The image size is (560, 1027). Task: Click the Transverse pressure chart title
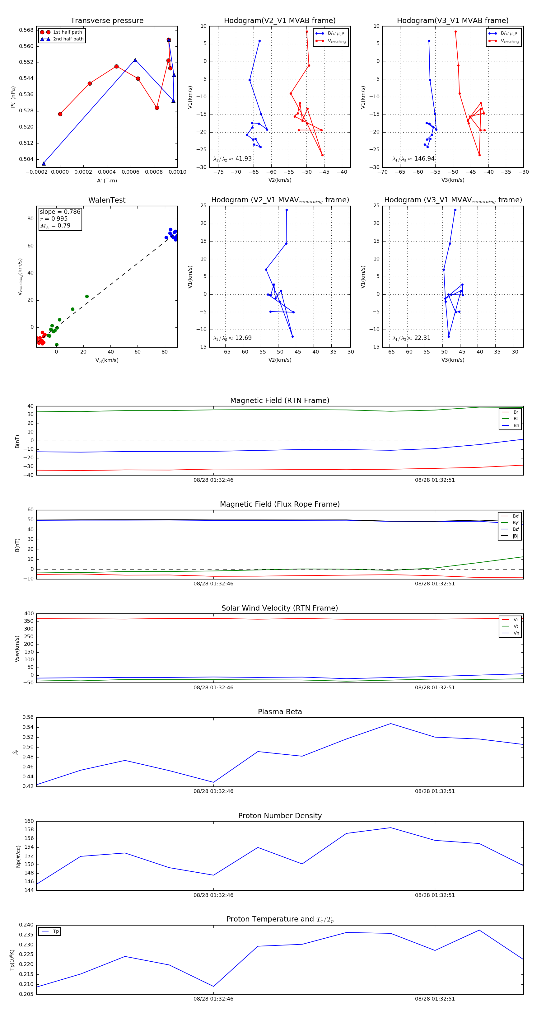tap(107, 21)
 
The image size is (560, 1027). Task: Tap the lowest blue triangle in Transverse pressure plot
tap(44, 163)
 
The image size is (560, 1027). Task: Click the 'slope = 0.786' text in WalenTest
tap(60, 212)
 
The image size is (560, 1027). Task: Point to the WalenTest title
tap(107, 200)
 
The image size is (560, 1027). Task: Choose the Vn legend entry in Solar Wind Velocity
tap(516, 633)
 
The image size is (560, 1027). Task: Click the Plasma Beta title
tap(280, 712)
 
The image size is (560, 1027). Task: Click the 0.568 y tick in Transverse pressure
tap(26, 30)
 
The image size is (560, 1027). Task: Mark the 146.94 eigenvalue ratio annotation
tap(413, 159)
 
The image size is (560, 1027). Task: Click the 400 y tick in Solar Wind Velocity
tap(29, 614)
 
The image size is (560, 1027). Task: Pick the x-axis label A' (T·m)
tap(107, 181)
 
